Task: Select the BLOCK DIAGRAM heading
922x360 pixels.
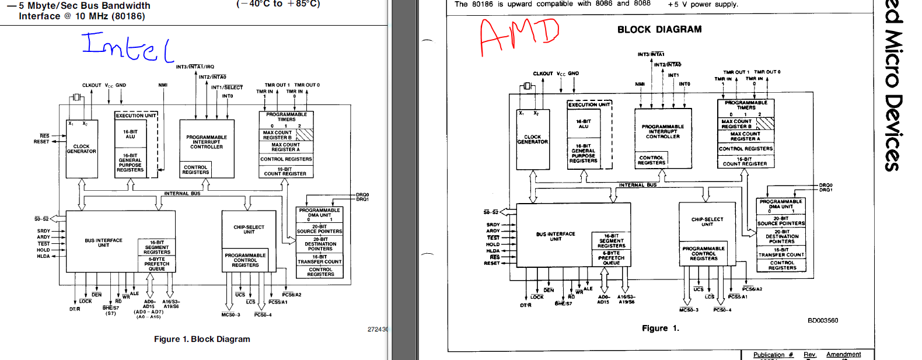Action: point(659,29)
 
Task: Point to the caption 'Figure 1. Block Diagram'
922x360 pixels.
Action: point(202,339)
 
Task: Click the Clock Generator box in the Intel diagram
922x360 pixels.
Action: point(81,149)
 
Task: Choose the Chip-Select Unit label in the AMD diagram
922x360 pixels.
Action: point(707,222)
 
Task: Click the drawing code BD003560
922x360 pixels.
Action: point(823,320)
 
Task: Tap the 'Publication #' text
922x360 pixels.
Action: point(773,355)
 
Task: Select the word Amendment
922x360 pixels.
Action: point(843,355)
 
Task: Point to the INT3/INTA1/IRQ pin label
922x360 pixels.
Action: point(195,67)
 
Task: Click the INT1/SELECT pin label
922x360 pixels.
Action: point(226,88)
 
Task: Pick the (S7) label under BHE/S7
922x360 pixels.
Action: point(110,313)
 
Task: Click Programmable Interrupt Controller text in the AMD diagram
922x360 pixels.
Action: point(663,131)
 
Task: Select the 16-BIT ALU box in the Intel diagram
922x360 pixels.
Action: point(130,134)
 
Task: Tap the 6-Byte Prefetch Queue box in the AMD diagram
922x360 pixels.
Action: point(611,258)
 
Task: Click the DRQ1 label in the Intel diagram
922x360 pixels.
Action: point(362,200)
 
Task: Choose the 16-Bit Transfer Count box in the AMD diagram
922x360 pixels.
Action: point(781,252)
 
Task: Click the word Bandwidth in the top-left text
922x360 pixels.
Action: point(124,6)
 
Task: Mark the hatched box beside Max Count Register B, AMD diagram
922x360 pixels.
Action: point(765,124)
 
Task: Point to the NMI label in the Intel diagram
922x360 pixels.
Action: point(163,85)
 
